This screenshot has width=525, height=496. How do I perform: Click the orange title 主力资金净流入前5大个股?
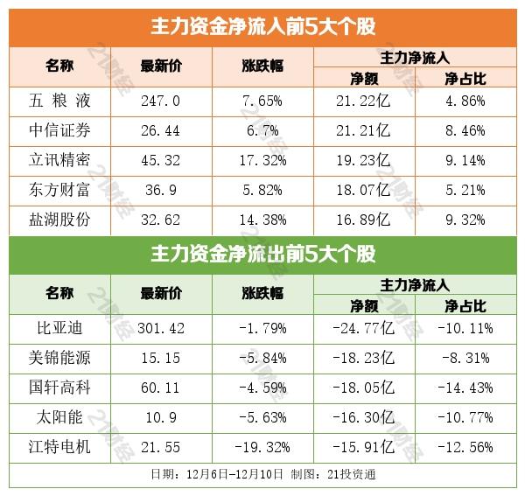tap(262, 25)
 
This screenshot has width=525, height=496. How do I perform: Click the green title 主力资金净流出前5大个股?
tap(262, 255)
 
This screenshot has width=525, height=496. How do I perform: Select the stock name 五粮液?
tap(60, 101)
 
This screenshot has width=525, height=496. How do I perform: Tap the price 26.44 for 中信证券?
tap(160, 130)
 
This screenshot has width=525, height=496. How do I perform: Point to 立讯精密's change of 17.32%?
tap(262, 160)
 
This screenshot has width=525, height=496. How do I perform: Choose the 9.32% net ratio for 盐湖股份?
tap(465, 219)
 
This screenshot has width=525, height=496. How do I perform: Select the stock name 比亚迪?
tap(60, 328)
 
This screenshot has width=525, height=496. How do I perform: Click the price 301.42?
tap(160, 328)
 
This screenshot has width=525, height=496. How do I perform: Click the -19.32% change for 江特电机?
tap(262, 446)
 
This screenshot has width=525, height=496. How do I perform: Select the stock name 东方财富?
tap(60, 190)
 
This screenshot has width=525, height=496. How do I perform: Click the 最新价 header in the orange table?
tap(160, 66)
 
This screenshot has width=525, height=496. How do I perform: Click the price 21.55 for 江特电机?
tap(160, 446)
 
